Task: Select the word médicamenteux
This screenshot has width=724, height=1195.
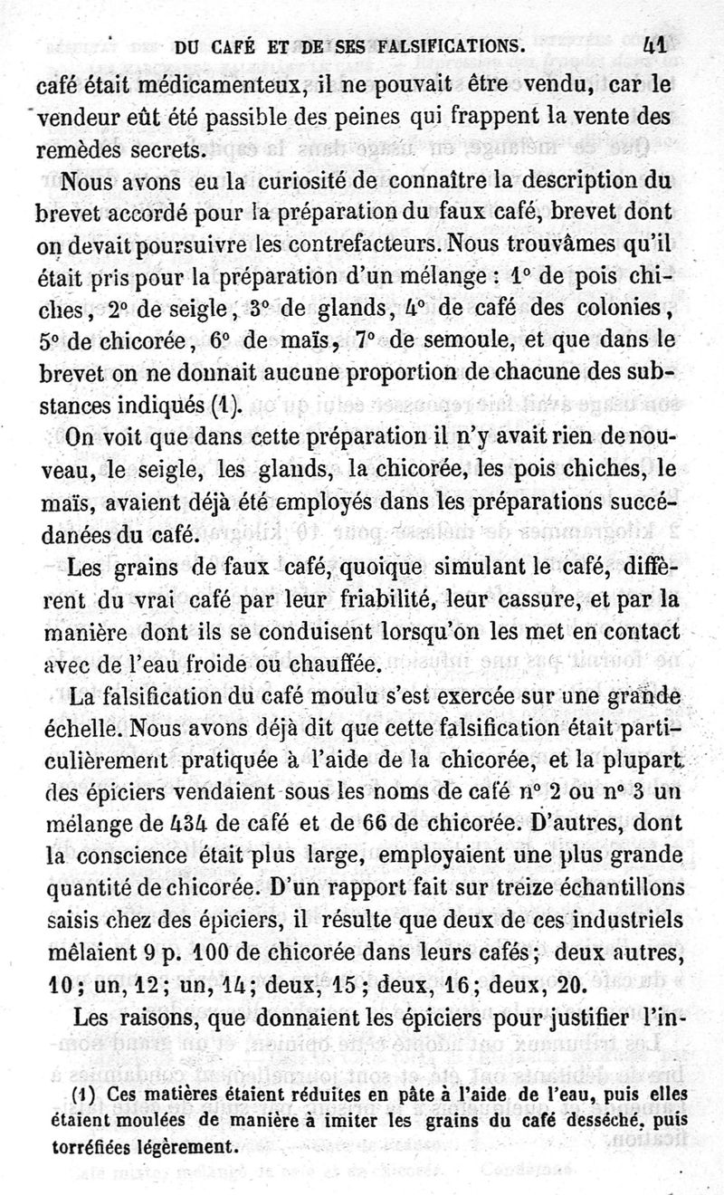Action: click(x=208, y=87)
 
